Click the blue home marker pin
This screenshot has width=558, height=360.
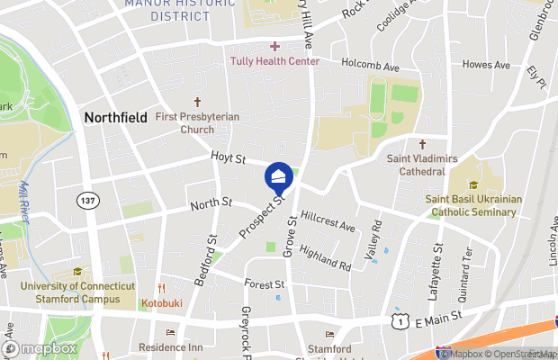279,176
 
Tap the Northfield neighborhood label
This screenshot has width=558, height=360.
117,117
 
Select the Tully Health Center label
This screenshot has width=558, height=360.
274,61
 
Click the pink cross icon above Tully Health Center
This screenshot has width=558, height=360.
274,46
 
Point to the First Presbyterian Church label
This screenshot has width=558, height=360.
197,122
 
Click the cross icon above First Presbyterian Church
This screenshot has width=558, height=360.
197,103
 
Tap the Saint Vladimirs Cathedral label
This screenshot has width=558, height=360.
417,164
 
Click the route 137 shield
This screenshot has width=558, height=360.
87,199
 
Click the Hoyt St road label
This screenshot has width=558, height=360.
229,158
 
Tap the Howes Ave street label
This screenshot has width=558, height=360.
486,65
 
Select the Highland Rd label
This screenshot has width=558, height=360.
326,259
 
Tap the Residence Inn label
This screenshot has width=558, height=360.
171,346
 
